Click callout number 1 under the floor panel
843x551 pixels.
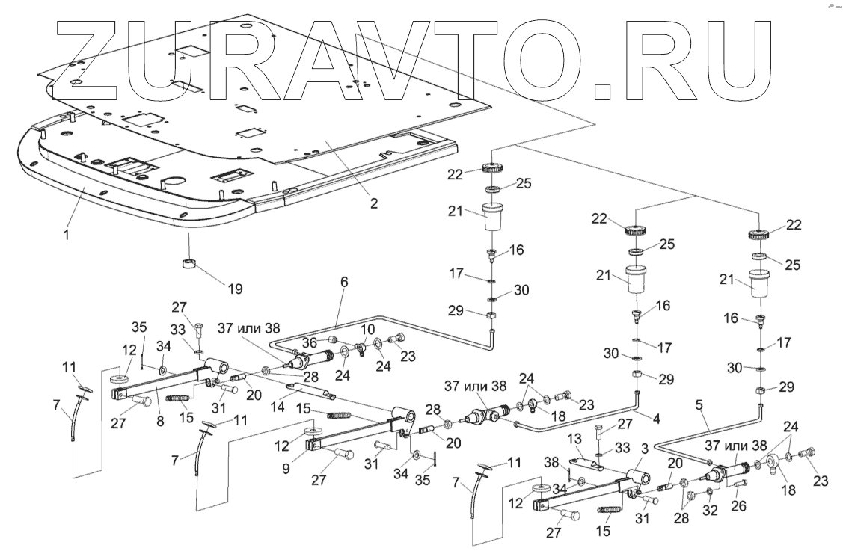click(x=66, y=234)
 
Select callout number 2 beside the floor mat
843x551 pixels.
click(x=374, y=203)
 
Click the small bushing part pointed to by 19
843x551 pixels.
click(x=188, y=264)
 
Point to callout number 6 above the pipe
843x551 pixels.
click(x=344, y=282)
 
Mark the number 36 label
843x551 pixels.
click(x=309, y=342)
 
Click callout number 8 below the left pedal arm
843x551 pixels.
click(x=159, y=422)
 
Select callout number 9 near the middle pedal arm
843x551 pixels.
click(x=286, y=468)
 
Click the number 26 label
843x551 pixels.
click(x=739, y=505)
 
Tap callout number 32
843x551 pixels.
click(x=710, y=510)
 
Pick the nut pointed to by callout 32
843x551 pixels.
click(x=709, y=493)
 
